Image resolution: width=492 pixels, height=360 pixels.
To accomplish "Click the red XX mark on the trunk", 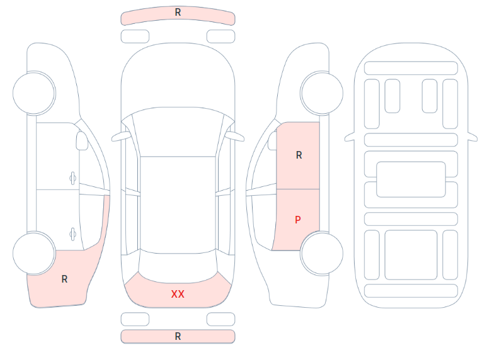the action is click(178, 294).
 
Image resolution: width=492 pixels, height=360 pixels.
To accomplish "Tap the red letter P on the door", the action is click(298, 220).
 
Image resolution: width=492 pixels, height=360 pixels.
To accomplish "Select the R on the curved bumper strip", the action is click(178, 12).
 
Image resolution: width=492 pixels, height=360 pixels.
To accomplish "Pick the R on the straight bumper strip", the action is click(178, 336).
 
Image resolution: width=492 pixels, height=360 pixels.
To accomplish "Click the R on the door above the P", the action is click(299, 155).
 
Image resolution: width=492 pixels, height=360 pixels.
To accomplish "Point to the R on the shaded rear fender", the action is click(65, 279).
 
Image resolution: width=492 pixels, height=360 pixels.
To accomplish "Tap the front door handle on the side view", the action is click(73, 179).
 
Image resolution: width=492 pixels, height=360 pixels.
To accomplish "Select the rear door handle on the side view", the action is click(73, 234).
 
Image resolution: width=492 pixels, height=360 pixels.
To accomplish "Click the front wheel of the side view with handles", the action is click(34, 93).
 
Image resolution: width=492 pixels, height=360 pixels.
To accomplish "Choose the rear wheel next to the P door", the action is click(322, 253).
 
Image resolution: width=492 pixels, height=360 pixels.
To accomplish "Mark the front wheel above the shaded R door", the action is click(322, 93).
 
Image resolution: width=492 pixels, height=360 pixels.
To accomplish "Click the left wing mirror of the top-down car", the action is click(121, 137).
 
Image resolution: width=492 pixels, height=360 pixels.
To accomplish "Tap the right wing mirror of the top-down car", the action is click(235, 137).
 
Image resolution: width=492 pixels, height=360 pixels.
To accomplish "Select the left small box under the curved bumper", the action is click(135, 37).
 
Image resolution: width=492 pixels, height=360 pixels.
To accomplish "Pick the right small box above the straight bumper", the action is click(221, 319).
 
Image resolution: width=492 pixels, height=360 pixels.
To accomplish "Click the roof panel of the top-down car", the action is click(178, 204).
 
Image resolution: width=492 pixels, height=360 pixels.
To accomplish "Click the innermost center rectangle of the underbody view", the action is click(411, 179).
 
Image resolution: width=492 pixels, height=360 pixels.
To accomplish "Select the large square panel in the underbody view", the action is click(411, 255).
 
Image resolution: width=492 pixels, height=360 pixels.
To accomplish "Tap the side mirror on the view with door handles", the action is click(82, 141).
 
